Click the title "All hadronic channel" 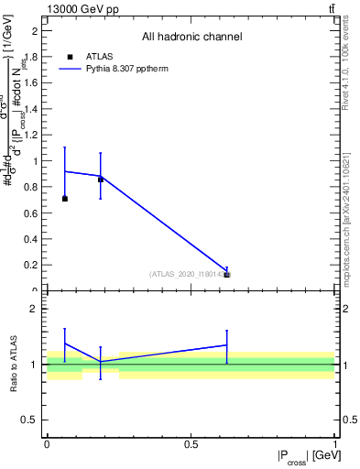click(191, 38)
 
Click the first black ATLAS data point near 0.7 click(64, 199)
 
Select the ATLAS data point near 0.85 click(101, 180)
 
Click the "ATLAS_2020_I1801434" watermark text click(189, 274)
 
